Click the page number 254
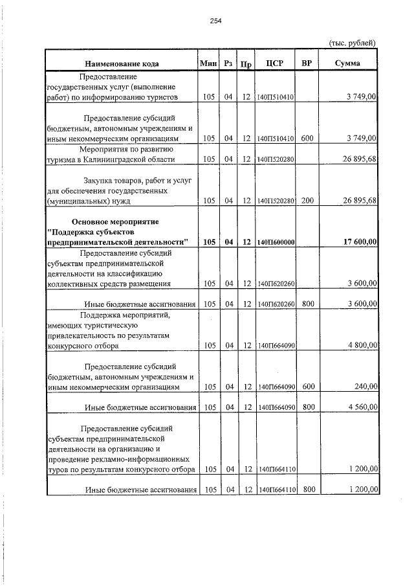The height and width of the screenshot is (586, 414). pyautogui.click(x=215, y=21)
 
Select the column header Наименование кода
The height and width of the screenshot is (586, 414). pyautogui.click(x=121, y=63)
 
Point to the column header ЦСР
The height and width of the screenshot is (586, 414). pyautogui.click(x=276, y=63)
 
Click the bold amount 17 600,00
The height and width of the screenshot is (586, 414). pyautogui.click(x=356, y=242)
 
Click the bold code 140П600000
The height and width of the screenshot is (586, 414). pyautogui.click(x=276, y=242)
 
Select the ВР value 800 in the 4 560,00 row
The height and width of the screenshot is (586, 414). pyautogui.click(x=308, y=407)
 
